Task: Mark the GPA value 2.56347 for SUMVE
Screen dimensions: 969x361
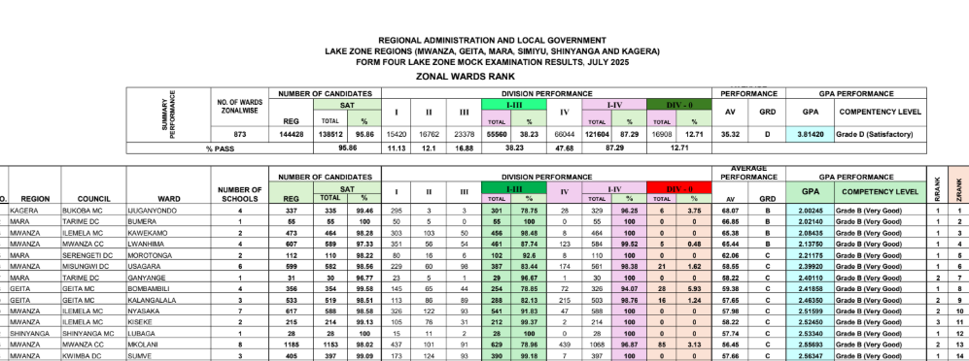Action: click(x=813, y=355)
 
